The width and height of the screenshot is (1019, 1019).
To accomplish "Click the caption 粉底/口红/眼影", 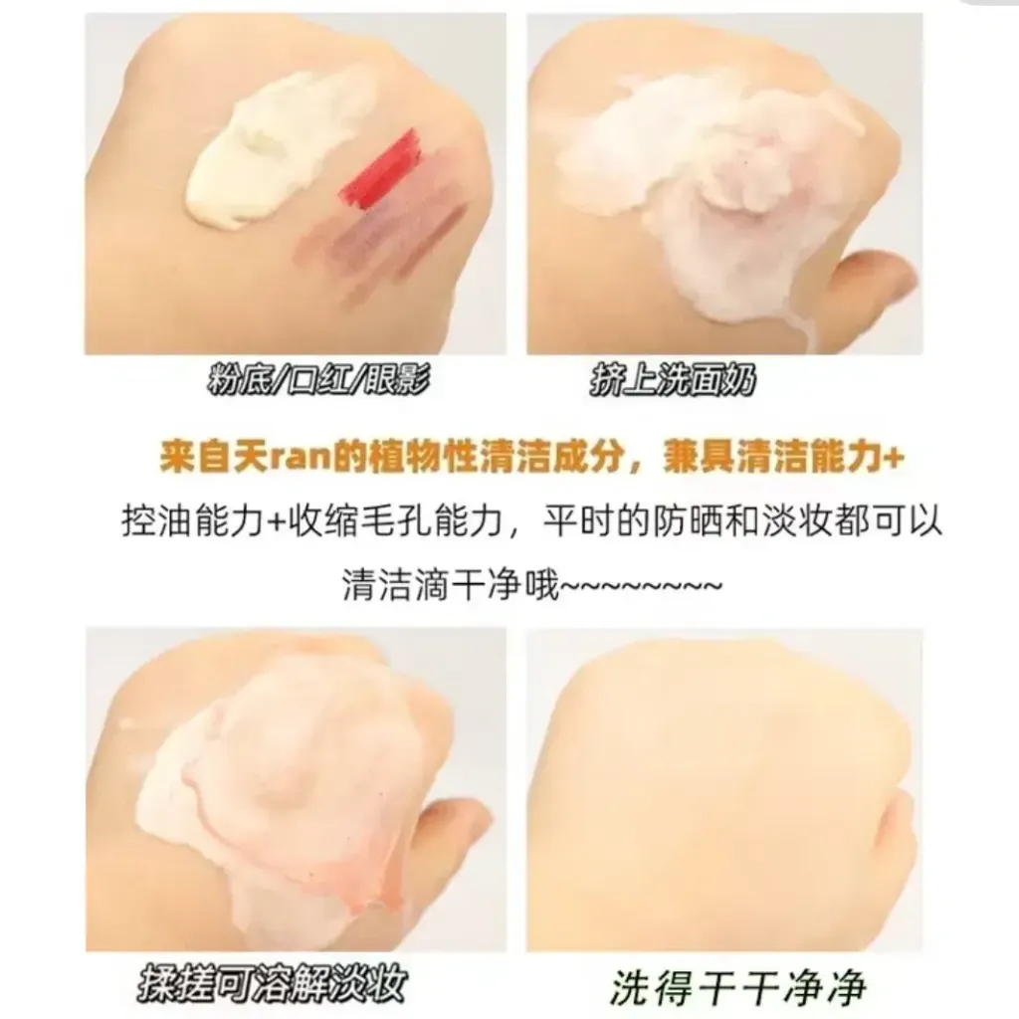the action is click(x=318, y=380).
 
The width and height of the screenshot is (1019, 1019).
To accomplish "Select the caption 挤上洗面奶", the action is click(x=673, y=380).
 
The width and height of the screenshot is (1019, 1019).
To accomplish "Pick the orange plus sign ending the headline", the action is click(x=895, y=459).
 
